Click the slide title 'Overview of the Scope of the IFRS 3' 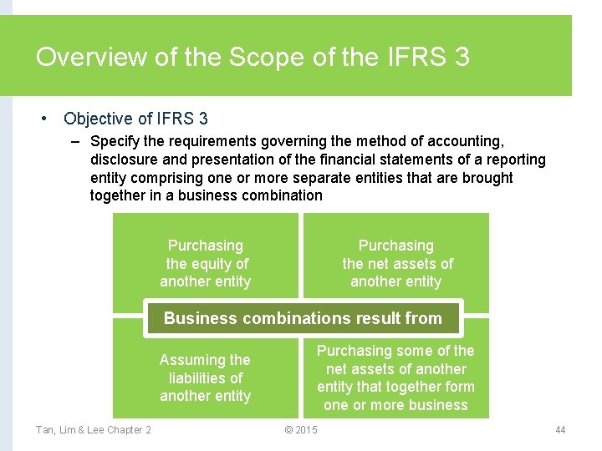coord(253,58)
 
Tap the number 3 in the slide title coord(461,58)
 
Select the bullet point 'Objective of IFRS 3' coord(135,119)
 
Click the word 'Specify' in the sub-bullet coord(115,142)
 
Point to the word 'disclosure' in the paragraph coord(123,160)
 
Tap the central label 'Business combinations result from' coord(303,318)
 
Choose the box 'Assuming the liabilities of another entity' coord(206,378)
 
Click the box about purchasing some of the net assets coord(395,378)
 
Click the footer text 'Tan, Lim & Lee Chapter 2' coord(94,429)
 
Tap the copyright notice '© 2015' coord(301,429)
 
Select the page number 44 coord(560,429)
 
